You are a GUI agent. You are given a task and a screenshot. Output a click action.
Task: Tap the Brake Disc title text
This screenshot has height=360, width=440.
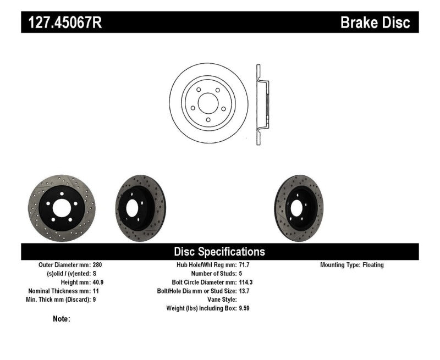pyautogui.click(x=375, y=23)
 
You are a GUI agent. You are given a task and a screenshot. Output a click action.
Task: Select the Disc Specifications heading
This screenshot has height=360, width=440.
pyautogui.click(x=219, y=252)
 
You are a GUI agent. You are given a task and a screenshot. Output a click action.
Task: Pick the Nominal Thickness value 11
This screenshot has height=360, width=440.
pyautogui.click(x=96, y=291)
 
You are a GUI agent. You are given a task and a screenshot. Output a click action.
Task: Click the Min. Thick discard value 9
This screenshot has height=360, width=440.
pyautogui.click(x=95, y=300)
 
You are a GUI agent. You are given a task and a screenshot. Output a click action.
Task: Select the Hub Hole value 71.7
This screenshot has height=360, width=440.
pyautogui.click(x=244, y=265)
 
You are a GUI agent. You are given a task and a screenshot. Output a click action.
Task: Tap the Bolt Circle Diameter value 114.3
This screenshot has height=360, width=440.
pyautogui.click(x=246, y=282)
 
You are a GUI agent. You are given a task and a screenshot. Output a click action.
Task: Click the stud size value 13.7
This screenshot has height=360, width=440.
pyautogui.click(x=244, y=291)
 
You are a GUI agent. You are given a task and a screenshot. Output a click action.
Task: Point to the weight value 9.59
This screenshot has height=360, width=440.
pyautogui.click(x=245, y=308)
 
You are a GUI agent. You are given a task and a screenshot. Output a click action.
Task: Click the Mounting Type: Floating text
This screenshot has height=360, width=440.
pyautogui.click(x=352, y=265)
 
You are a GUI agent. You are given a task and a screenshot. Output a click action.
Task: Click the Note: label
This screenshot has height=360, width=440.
pyautogui.click(x=62, y=319)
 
